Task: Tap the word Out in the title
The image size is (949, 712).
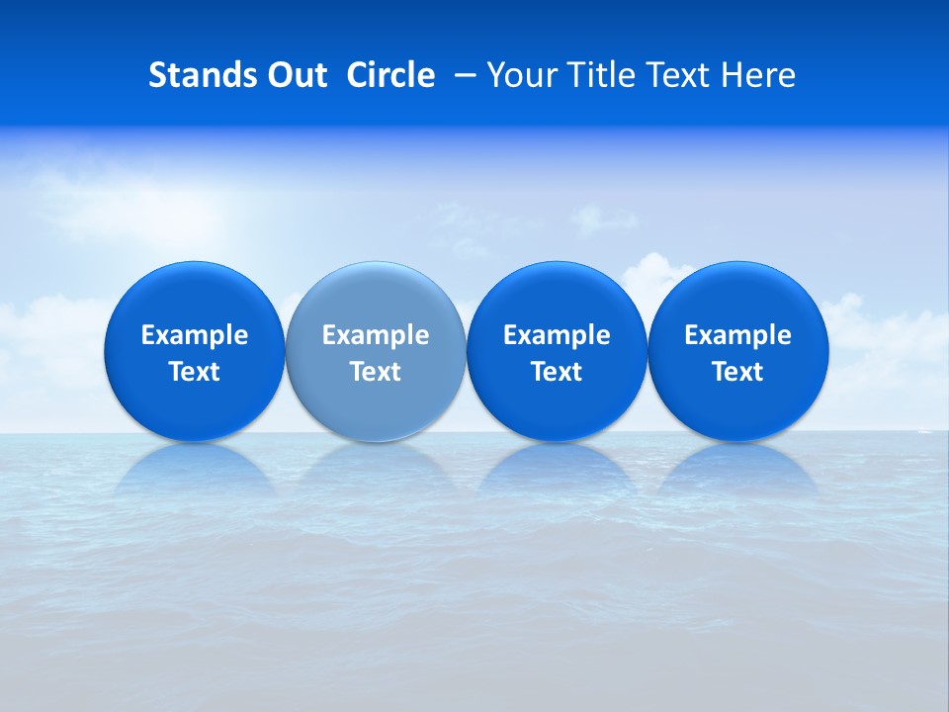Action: pyautogui.click(x=295, y=75)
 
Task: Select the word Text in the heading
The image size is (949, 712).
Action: pyautogui.click(x=677, y=75)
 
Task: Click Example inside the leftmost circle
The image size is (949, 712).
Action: pyautogui.click(x=194, y=335)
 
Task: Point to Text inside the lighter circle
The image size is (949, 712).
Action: pyautogui.click(x=375, y=372)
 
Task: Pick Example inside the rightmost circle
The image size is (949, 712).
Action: pyautogui.click(x=737, y=335)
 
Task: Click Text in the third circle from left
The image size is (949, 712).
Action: pyautogui.click(x=557, y=372)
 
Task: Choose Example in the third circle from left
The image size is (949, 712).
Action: pyautogui.click(x=557, y=335)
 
